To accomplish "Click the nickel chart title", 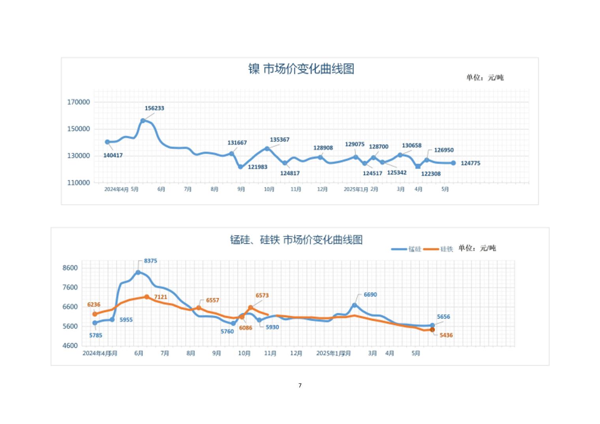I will click(x=301, y=69).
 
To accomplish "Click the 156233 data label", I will click(x=154, y=108).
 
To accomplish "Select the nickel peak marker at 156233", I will click(x=143, y=121).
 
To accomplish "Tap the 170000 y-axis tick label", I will click(x=79, y=102).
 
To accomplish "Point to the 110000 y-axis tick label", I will click(x=79, y=183).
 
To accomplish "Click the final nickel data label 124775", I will click(x=471, y=163).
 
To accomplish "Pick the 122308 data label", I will click(x=431, y=174).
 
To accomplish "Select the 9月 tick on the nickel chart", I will click(x=241, y=189).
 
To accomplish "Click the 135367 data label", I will click(x=279, y=140).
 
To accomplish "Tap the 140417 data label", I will click(x=113, y=156).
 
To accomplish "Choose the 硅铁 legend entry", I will click(x=439, y=249).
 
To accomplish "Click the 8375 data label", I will click(x=150, y=261).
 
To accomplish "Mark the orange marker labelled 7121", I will click(x=147, y=297).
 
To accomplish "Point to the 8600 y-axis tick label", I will click(x=70, y=268).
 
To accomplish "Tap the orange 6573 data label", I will click(x=262, y=296).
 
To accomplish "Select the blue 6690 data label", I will click(x=370, y=295).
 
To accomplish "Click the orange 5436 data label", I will click(x=446, y=335).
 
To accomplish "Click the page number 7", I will click(x=300, y=385).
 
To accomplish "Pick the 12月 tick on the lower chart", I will click(x=296, y=353).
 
